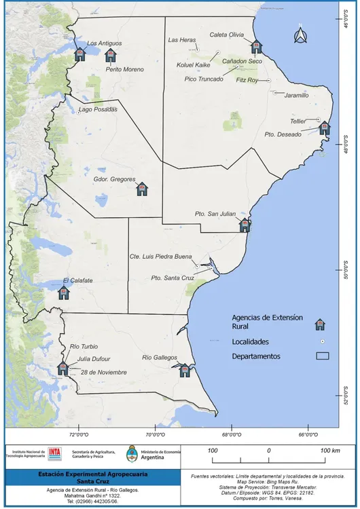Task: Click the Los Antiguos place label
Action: point(105,43)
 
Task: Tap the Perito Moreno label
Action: point(124,70)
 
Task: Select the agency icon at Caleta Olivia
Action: point(256,47)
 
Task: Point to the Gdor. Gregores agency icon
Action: point(141,189)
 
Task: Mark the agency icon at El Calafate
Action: point(64,292)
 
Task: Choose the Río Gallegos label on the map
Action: point(160,358)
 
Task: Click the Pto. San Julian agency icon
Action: point(245,225)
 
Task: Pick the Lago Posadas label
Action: point(98,109)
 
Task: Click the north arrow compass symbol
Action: point(300,35)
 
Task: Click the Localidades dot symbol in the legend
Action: point(323,341)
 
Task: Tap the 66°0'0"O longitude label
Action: point(308,434)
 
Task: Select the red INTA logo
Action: point(56,453)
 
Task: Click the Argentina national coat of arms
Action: point(133,453)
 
